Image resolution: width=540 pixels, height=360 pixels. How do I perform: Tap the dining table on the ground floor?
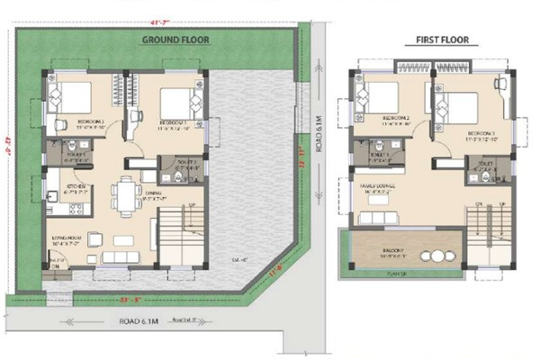125,196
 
